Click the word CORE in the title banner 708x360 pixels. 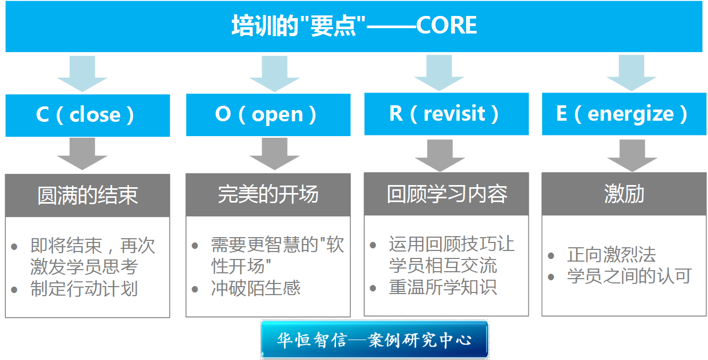point(446,25)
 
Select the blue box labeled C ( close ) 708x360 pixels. point(88,115)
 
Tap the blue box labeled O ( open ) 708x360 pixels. point(268,115)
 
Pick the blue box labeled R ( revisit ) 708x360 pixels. point(446,114)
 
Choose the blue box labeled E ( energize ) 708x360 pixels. point(624,114)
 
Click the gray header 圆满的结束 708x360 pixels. point(88,196)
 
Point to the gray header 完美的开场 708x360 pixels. point(268,195)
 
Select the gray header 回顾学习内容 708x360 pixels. point(446,194)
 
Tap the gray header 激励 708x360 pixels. point(624,194)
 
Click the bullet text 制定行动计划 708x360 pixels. point(84,289)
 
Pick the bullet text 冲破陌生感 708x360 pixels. point(256,288)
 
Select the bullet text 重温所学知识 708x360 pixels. point(443,287)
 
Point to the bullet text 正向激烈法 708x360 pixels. point(612,255)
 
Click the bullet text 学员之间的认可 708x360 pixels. point(629,276)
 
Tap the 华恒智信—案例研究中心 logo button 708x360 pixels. point(375,340)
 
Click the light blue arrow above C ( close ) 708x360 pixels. point(82,73)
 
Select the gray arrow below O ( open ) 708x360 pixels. point(274,154)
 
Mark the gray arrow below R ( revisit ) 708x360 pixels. point(440,156)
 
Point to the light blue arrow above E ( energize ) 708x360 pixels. point(631,73)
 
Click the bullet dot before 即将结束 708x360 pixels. point(14,247)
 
